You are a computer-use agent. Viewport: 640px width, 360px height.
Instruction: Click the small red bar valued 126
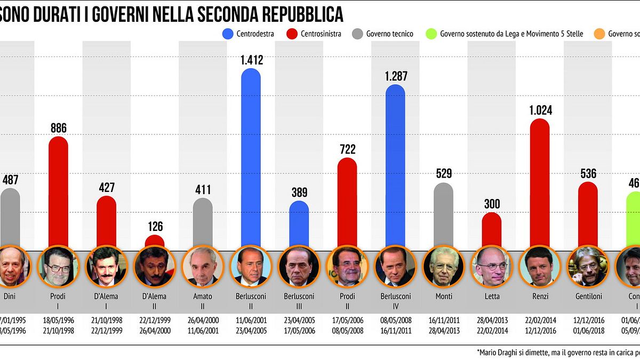pos(155,241)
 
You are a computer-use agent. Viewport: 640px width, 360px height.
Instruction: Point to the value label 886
pos(58,128)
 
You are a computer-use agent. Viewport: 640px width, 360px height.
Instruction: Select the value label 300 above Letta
pos(491,204)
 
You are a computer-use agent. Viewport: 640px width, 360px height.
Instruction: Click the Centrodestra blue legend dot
pos(227,34)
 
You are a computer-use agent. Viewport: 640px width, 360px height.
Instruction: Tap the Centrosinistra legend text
pos(321,34)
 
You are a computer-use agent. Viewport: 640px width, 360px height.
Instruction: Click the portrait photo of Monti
pos(443,266)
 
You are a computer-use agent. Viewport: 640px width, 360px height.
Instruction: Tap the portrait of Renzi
pos(539,266)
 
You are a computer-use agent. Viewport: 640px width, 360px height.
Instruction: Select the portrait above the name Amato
pos(203,266)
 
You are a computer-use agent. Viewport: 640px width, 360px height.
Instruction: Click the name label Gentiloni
pos(588,296)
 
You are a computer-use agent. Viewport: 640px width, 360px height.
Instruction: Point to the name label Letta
pos(491,296)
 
